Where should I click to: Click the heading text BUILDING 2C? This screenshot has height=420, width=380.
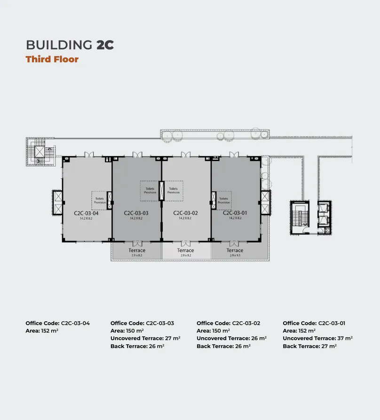[x=70, y=45]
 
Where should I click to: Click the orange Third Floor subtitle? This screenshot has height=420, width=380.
[x=52, y=59]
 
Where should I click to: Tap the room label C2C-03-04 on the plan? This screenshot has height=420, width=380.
[x=86, y=213]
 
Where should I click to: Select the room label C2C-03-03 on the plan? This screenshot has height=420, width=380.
[x=136, y=213]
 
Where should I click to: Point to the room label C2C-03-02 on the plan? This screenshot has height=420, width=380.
[x=185, y=213]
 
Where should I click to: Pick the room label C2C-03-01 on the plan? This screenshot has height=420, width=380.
[x=235, y=213]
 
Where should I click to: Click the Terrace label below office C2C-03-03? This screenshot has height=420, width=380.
[x=137, y=250]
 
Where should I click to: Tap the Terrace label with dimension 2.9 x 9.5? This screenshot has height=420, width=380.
[x=235, y=251]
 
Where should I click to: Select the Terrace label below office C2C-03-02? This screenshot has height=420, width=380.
[x=185, y=250]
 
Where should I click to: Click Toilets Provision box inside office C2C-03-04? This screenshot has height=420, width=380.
[x=99, y=200]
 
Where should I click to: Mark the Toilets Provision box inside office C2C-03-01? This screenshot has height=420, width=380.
[x=224, y=200]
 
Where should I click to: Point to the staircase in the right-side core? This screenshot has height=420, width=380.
[x=298, y=218]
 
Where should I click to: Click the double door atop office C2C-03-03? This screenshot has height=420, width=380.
[x=137, y=155]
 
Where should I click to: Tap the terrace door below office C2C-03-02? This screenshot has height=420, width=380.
[x=185, y=243]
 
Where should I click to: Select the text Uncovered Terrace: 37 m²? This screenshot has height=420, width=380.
[x=317, y=338]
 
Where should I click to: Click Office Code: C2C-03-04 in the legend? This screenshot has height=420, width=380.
[x=57, y=323]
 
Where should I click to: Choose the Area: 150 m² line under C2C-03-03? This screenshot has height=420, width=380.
[x=127, y=331]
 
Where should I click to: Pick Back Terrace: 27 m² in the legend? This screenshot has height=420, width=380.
[x=309, y=346]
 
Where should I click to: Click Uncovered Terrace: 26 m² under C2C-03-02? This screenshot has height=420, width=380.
[x=231, y=338]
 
